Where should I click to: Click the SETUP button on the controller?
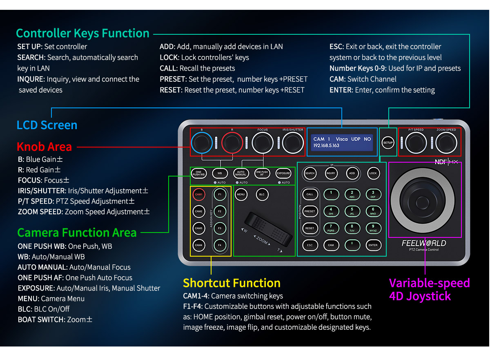tap(388, 143)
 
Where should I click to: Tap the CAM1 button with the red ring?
tap(199, 195)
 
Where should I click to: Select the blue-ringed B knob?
tap(201, 143)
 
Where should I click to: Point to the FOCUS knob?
tap(263, 143)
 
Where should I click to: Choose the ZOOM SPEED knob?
tap(446, 143)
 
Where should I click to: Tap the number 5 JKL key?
tap(352, 211)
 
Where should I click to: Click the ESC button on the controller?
tap(310, 245)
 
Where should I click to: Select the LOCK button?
tap(373, 173)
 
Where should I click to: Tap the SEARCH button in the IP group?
tap(310, 173)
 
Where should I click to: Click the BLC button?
tap(262, 195)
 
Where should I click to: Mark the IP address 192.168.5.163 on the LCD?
tap(326, 146)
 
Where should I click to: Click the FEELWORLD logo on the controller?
tap(424, 243)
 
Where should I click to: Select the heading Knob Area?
tap(44, 146)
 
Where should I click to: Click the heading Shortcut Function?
tap(232, 283)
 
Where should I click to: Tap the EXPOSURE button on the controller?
tap(283, 173)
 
